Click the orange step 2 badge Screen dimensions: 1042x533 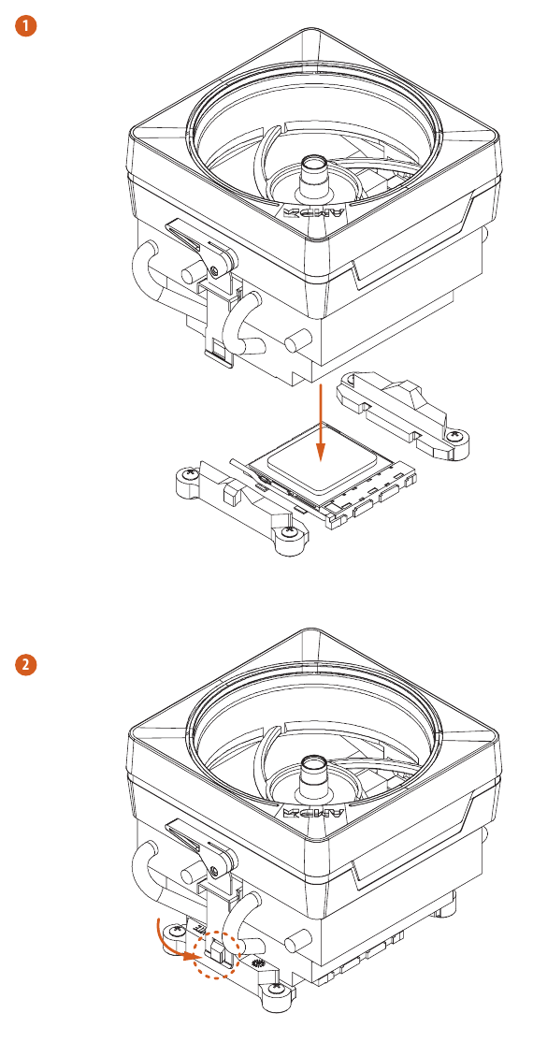[29, 665]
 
